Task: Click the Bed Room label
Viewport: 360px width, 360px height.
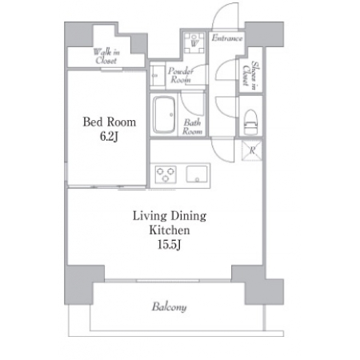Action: pos(110,122)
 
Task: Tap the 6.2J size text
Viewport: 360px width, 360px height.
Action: pos(109,137)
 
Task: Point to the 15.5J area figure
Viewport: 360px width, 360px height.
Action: pos(170,244)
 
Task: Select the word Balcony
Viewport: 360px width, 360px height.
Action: pos(169,307)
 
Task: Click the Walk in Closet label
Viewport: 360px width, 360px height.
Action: pos(106,56)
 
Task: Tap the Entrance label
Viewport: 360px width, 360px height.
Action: pos(227,38)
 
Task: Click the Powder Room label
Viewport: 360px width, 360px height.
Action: pos(181,75)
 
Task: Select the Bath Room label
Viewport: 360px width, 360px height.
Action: pos(192,127)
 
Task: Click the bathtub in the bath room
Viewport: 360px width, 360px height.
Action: pos(164,114)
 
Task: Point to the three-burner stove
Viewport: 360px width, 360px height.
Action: pos(166,174)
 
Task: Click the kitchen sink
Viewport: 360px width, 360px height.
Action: pos(197,174)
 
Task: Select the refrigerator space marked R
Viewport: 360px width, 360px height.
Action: pos(252,150)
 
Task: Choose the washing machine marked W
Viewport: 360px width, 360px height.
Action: pos(194,42)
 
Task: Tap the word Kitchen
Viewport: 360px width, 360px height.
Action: pos(170,230)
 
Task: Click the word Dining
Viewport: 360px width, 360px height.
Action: pos(188,216)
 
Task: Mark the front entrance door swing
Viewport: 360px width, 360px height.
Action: pos(225,16)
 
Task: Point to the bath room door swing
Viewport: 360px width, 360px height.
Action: pos(191,105)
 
